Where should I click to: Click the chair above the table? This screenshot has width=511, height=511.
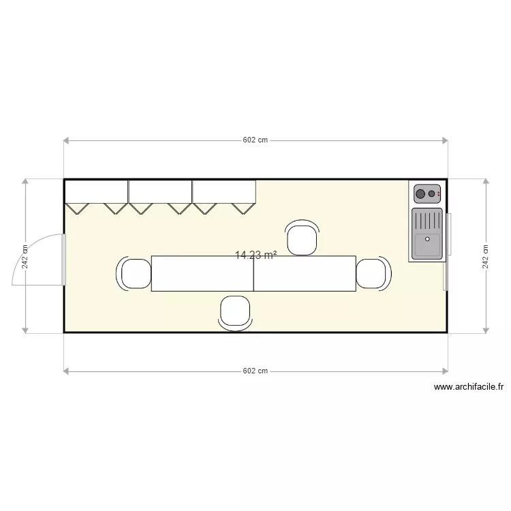303,238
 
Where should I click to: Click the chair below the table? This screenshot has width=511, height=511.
236,312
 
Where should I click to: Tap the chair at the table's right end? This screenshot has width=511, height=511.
372,273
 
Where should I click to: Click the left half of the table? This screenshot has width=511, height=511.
202,274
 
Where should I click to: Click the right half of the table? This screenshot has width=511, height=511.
305,274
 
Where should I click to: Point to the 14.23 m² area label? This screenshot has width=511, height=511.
255,255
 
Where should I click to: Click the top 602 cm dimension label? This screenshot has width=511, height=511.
255,140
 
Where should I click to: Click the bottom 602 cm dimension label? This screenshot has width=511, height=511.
255,371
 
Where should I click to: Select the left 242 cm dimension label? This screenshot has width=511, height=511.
25,257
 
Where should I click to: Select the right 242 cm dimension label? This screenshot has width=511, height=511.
486,257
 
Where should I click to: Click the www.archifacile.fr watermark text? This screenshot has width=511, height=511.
469,387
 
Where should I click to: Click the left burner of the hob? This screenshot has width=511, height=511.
420,194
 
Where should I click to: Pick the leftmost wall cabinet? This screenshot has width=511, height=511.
96,191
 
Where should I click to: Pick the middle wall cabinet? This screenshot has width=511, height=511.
160,191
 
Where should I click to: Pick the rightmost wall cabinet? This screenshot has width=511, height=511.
224,191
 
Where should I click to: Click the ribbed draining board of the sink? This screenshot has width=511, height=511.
427,221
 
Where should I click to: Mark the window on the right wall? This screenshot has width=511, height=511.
448,252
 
